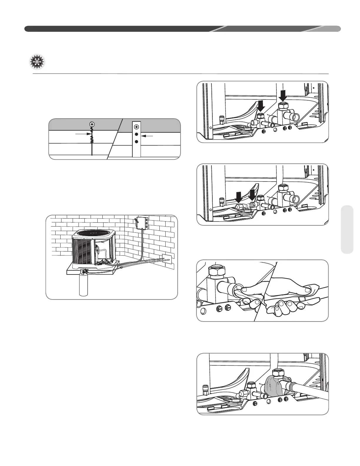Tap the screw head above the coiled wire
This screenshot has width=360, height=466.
[x=92, y=124]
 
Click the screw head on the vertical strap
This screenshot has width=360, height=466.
[x=136, y=127]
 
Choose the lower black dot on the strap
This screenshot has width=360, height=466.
[x=136, y=142]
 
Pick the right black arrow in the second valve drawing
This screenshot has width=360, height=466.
[x=252, y=195]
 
